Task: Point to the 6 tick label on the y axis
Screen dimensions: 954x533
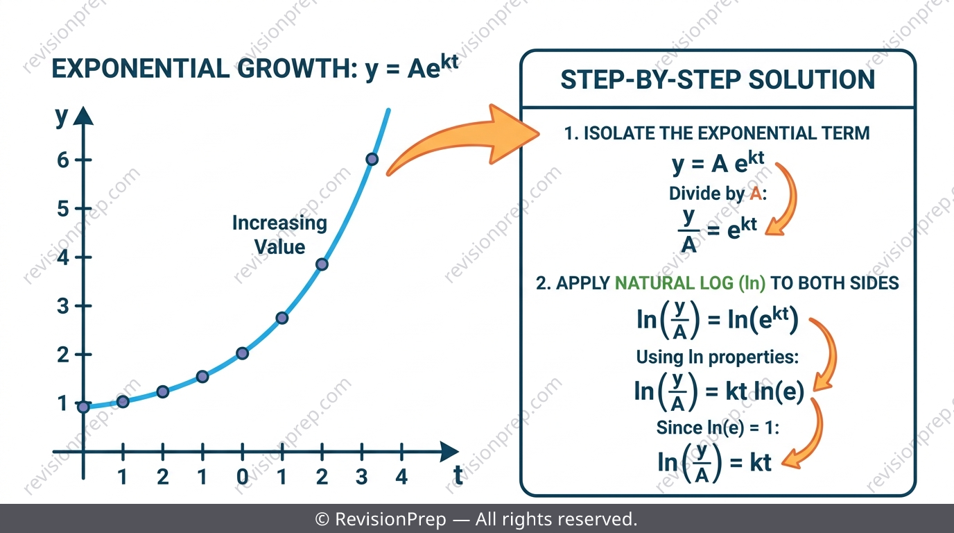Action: [63, 160]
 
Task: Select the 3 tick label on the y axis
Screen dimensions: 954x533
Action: [63, 306]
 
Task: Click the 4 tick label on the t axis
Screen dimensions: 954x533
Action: [401, 477]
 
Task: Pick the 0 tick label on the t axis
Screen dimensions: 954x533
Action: [243, 477]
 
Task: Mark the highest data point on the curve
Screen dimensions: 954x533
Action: [372, 160]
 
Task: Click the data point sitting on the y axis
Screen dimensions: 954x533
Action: [83, 407]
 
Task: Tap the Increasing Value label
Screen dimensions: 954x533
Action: [280, 235]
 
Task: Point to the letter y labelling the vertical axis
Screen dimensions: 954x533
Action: [62, 116]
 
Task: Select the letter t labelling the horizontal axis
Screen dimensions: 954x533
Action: [458, 475]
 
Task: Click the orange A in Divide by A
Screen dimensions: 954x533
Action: [756, 194]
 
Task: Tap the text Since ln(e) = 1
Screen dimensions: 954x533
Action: [718, 428]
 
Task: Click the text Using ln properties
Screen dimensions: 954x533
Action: [717, 357]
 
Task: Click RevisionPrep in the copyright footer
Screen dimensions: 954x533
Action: [390, 519]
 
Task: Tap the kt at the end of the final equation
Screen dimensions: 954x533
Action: [760, 462]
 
